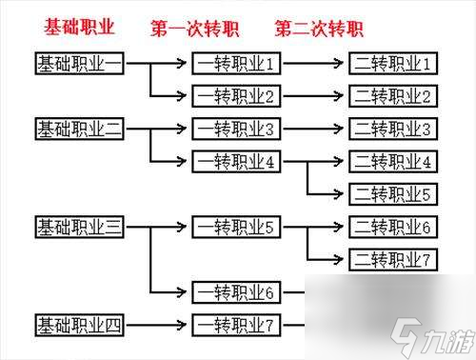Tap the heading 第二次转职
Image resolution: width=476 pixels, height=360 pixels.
320,28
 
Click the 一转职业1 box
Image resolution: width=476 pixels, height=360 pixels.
236,64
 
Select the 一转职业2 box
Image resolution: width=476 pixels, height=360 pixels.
236,96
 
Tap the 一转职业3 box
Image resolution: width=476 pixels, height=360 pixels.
236,129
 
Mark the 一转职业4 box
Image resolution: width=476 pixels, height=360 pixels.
236,161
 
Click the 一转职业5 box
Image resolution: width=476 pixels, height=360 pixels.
236,227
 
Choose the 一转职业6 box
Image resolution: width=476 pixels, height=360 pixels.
236,292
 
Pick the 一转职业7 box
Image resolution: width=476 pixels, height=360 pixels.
236,326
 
